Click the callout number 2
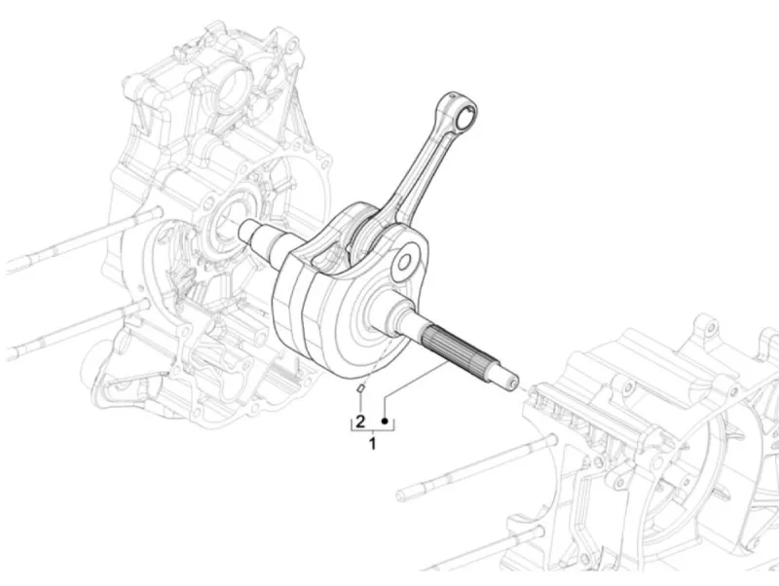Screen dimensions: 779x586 [x=360, y=421]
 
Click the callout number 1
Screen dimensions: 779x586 [x=373, y=444]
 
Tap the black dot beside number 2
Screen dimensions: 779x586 [x=385, y=421]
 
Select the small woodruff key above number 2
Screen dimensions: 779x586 [x=360, y=387]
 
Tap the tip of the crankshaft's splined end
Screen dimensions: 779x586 [x=513, y=382]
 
